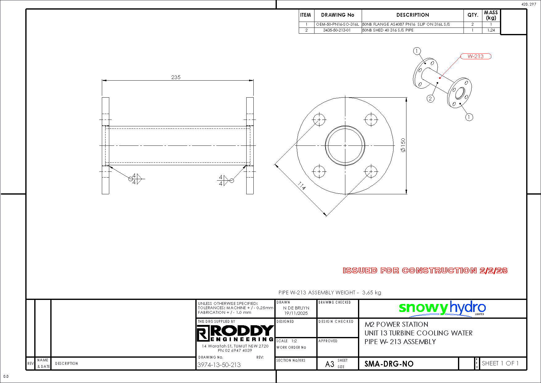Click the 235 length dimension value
176,77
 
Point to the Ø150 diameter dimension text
403,145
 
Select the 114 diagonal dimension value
302,186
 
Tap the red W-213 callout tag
476,56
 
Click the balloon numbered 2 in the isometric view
431,99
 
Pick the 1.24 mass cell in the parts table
491,30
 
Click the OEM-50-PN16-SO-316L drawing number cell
338,24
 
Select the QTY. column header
473,15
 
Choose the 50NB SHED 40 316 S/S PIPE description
388,30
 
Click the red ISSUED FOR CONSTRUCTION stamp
425,271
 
